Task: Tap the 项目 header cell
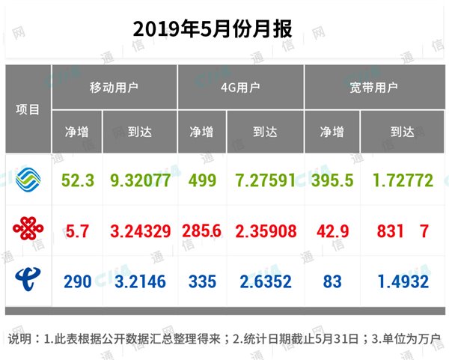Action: tap(28, 109)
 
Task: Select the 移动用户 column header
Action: tap(114, 88)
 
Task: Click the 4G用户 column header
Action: tap(240, 88)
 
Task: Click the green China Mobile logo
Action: tap(29, 179)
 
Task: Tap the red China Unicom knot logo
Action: tap(29, 230)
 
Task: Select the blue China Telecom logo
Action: tap(29, 281)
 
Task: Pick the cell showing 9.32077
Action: tap(140, 180)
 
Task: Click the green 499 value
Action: tap(202, 180)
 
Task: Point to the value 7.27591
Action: tap(266, 180)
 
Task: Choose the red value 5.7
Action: tap(77, 231)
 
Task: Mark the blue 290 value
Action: tap(77, 282)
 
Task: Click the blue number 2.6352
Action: tap(266, 282)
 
